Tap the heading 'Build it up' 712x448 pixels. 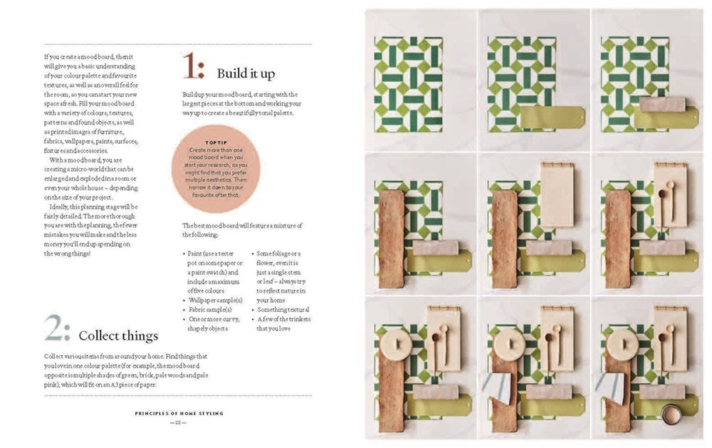[246, 73]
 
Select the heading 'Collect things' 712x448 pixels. [118, 335]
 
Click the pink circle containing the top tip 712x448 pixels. [216, 169]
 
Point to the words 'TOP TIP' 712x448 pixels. [216, 142]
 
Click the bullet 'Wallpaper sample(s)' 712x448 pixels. [211, 301]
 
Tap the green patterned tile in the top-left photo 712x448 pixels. [408, 84]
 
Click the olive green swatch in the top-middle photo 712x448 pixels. [552, 118]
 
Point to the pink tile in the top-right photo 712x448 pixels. [662, 104]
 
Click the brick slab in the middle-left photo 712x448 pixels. [391, 239]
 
